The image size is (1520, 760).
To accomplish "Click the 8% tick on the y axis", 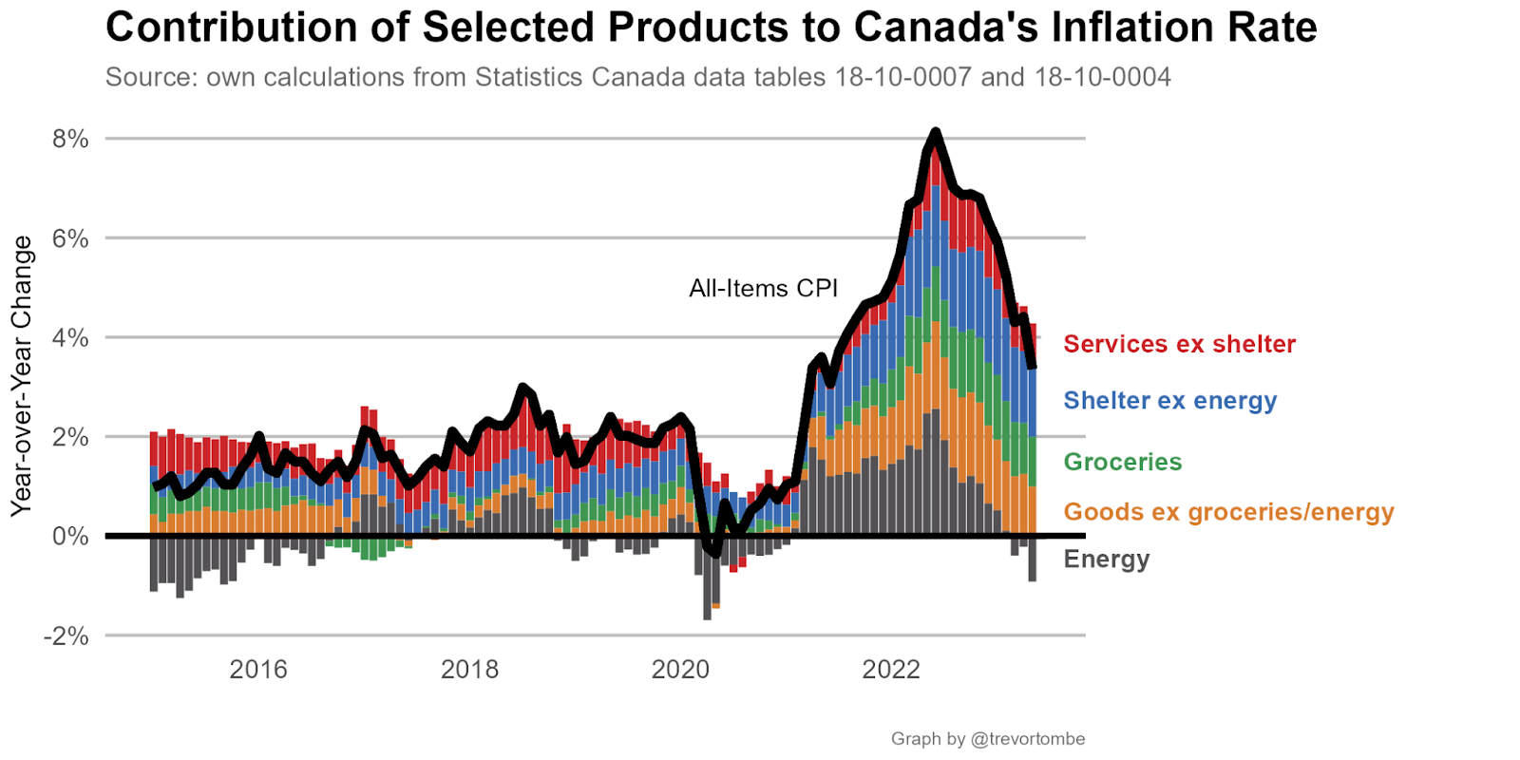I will pos(70,139).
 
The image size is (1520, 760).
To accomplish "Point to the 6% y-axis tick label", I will pos(70,238).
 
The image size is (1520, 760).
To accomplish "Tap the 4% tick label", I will pos(70,338).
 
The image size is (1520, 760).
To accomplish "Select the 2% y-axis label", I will pos(70,438).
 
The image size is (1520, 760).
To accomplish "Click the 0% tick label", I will pos(70,537).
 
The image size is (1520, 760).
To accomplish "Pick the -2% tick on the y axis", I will pos(66,636).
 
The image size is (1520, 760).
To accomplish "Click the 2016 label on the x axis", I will pos(258,670).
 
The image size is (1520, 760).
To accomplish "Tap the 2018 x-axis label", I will pos(469,670).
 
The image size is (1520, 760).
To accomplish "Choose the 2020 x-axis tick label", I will pos(680,670).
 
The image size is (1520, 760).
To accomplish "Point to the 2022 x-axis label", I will pos(891,670).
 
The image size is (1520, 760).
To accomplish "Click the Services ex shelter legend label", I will pos(1179,344).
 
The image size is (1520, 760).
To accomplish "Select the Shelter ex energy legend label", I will pos(1169,400).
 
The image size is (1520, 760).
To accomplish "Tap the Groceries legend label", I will pos(1122,462).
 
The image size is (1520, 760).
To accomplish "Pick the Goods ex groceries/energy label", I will pos(1228,512).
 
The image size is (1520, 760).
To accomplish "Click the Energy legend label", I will pos(1107,559).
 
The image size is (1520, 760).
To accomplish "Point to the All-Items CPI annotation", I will pos(763,289).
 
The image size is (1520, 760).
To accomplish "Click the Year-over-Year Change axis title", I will pos(22,376).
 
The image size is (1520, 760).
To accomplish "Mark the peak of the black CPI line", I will pos(936,132).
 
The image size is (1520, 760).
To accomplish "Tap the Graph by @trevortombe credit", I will pos(987,739).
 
